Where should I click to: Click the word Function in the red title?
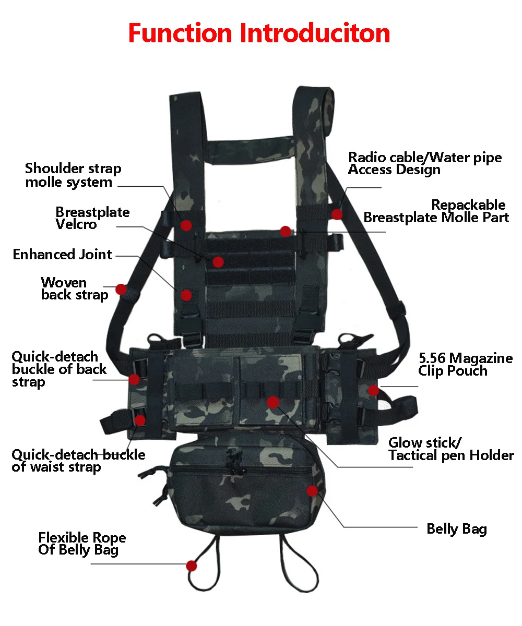click(x=180, y=33)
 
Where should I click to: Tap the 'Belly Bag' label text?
click(x=456, y=529)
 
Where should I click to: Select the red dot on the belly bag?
click(x=312, y=490)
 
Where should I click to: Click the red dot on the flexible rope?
click(x=192, y=565)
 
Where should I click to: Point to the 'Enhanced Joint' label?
click(x=62, y=255)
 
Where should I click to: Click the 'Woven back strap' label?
click(x=74, y=288)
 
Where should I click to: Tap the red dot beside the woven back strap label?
click(x=121, y=288)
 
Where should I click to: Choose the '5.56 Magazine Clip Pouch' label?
click(x=465, y=365)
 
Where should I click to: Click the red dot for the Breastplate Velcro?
click(x=218, y=262)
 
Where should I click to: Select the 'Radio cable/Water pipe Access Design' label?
click(x=425, y=163)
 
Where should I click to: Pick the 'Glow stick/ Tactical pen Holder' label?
click(x=451, y=449)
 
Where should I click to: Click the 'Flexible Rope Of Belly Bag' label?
click(x=82, y=544)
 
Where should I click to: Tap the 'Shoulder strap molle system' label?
click(x=73, y=175)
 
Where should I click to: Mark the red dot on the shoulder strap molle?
click(x=186, y=225)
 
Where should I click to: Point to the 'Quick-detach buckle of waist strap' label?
click(x=78, y=461)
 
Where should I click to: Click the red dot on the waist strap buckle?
click(x=139, y=420)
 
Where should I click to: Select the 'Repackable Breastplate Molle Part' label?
click(x=436, y=211)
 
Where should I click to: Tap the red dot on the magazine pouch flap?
click(x=273, y=401)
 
